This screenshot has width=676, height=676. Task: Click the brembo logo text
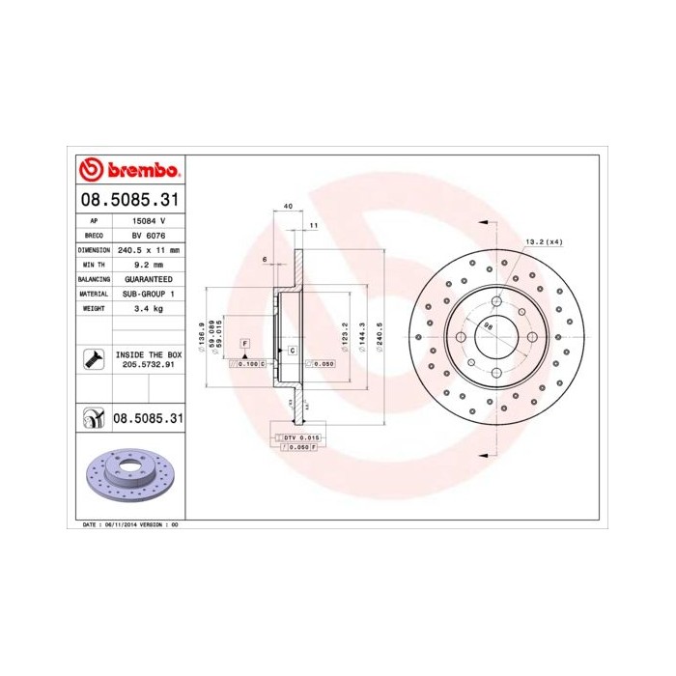[142, 170]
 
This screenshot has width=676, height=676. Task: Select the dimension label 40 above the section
[288, 206]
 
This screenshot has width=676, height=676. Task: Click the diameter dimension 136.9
[200, 336]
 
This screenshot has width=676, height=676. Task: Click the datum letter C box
[291, 351]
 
